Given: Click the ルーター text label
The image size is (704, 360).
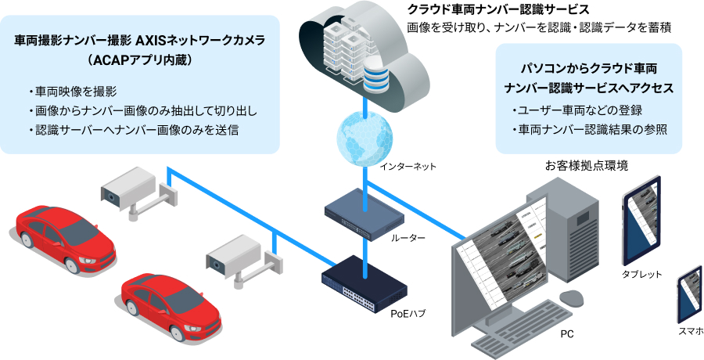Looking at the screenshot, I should click(407, 237).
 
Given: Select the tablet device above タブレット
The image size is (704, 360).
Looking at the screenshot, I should click(642, 227).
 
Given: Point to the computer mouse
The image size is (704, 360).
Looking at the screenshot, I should click(573, 298).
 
